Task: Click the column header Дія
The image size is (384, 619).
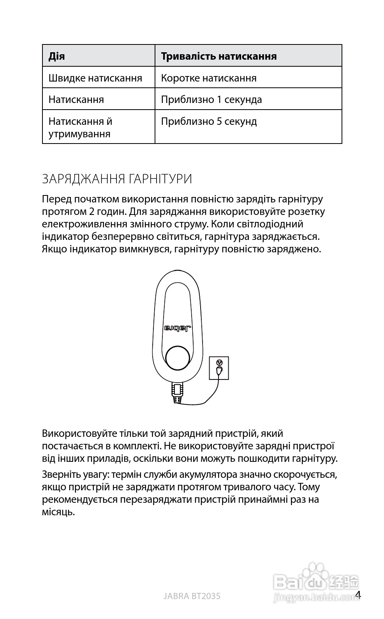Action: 57,56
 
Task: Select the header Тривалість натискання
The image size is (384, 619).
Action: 218,56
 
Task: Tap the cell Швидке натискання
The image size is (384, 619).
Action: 95,78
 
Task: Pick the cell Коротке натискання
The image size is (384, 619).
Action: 209,78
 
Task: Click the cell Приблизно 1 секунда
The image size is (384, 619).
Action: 211,99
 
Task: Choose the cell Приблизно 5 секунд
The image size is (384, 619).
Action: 209,121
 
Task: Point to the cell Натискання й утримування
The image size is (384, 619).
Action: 80,128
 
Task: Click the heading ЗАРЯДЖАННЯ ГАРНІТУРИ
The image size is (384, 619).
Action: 117,179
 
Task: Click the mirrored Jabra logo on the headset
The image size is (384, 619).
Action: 178,328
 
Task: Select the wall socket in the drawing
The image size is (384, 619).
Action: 219,368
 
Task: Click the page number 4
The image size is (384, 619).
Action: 358,595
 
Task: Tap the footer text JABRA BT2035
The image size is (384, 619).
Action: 192,596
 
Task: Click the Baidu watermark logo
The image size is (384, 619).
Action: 315,583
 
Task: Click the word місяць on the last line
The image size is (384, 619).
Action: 58,512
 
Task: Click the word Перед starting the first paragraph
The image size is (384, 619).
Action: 56,199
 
